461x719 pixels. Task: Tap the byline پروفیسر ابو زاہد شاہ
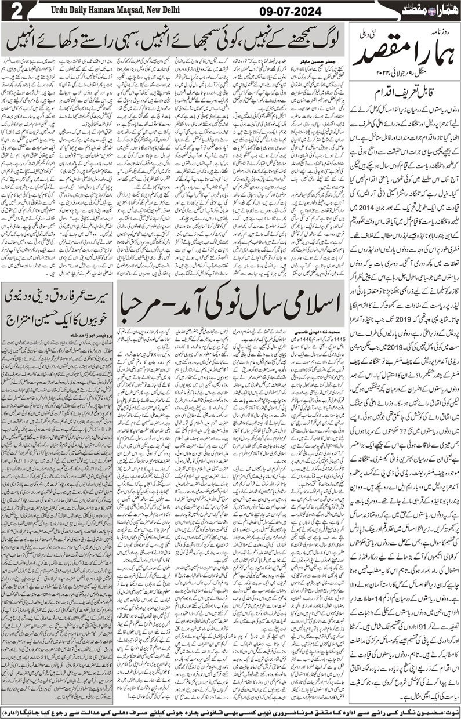point(88,335)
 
